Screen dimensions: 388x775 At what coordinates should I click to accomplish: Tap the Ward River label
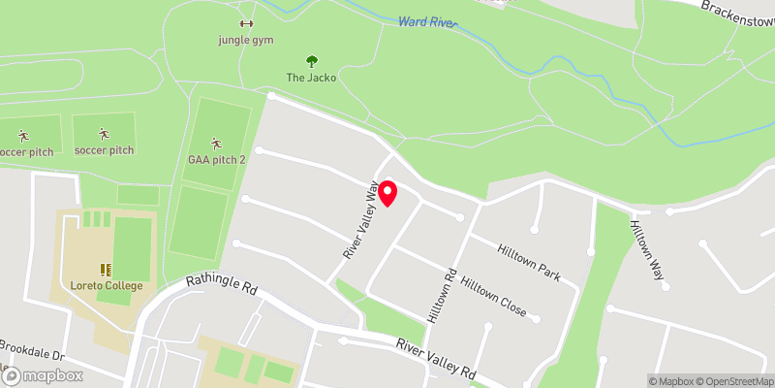(x=426, y=20)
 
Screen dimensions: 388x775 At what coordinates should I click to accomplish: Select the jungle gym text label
(x=245, y=40)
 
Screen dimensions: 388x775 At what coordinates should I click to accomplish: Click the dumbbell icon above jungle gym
(x=245, y=24)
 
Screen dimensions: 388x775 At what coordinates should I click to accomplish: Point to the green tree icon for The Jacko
(x=311, y=61)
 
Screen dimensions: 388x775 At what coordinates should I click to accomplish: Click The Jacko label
(x=311, y=78)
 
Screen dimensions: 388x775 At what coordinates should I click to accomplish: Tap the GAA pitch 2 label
(x=216, y=160)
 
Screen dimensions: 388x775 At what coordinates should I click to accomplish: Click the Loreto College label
(x=107, y=285)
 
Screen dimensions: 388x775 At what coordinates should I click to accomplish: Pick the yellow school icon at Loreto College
(x=106, y=270)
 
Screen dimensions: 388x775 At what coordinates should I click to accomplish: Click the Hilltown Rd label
(x=440, y=295)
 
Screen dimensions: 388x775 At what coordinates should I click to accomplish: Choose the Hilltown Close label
(x=494, y=296)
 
